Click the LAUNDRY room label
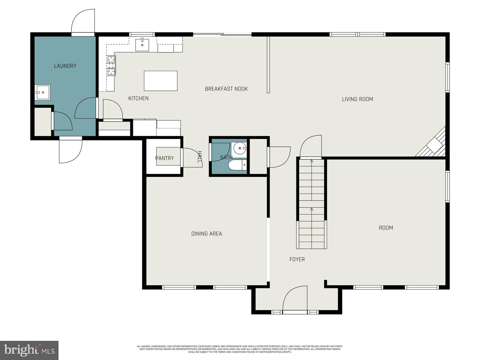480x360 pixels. point(65,66)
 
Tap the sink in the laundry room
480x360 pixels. point(42,92)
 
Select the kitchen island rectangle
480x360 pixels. point(160,81)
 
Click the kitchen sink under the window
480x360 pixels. point(142,45)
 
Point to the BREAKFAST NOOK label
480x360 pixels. point(226,89)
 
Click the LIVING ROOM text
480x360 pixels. point(357,99)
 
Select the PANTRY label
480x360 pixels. point(164,158)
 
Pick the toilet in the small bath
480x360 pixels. point(237,165)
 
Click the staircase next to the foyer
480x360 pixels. point(312,204)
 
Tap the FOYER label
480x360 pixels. point(297,259)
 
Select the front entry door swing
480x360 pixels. point(296,299)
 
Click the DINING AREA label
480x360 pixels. point(206,234)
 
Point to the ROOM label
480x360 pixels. point(386,228)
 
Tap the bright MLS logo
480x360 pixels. point(29,350)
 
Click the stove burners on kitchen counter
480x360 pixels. point(111,65)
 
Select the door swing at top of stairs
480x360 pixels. point(311,147)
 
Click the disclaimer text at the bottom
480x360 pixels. point(240,349)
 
